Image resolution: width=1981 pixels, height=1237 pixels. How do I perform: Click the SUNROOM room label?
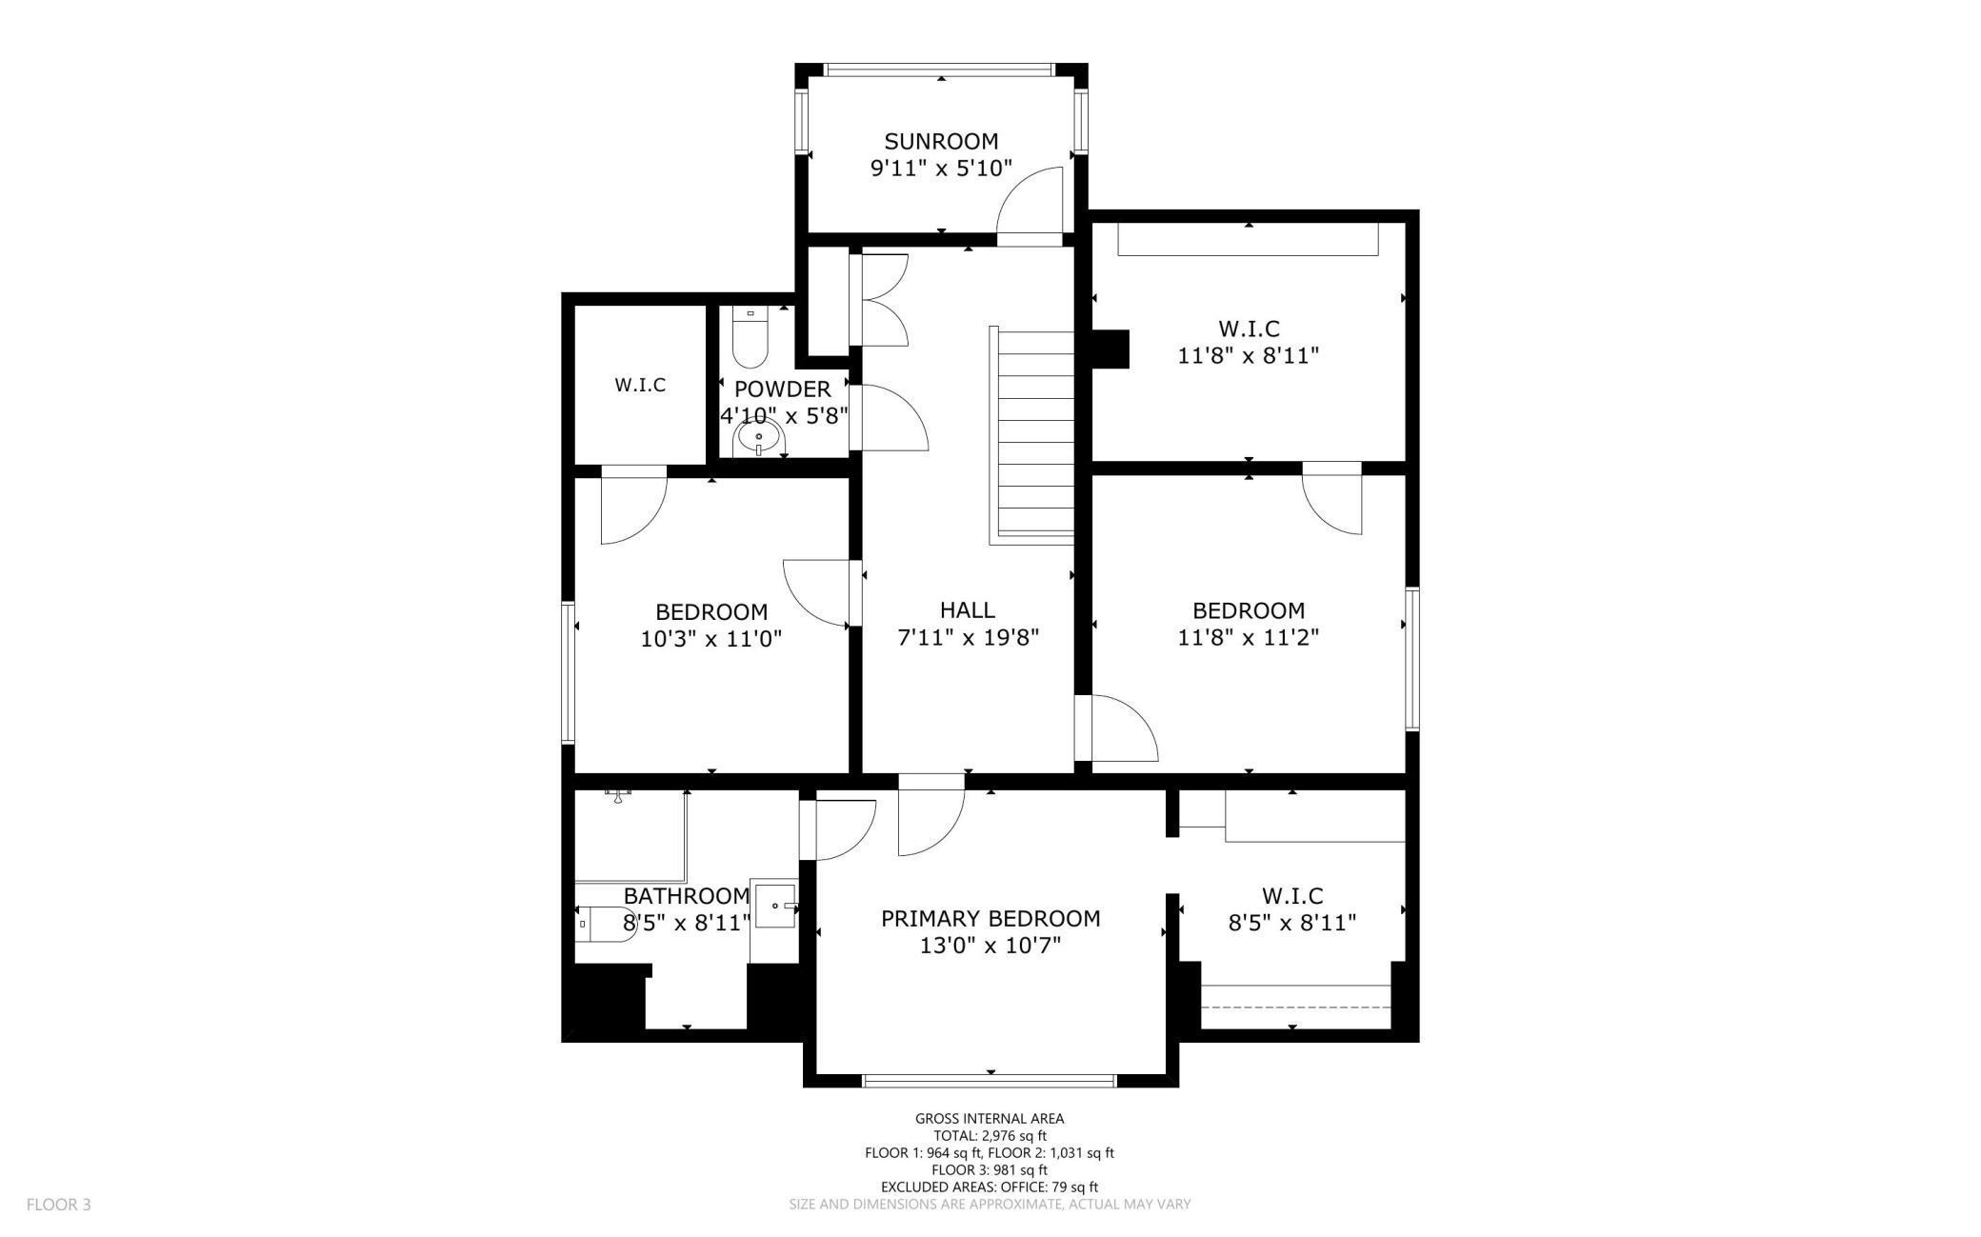coord(941,142)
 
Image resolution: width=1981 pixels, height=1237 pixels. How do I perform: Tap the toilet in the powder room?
coord(750,338)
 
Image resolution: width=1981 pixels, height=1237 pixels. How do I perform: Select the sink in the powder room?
coord(758,439)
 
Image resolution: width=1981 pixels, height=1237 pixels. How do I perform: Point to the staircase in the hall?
coord(1032,435)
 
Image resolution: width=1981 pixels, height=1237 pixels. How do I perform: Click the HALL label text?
coord(967,610)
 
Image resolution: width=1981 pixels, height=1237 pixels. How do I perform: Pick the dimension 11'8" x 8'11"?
coord(1248,356)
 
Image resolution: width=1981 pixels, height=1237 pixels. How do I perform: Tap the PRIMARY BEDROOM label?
coord(990,919)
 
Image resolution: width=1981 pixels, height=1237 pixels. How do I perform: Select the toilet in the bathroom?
coord(605,924)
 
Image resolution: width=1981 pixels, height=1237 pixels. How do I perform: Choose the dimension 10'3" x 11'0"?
coord(711,639)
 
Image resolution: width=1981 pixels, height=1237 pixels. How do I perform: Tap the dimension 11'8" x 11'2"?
coord(1248,637)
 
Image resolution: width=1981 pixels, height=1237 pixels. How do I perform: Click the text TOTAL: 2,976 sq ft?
coord(990,1136)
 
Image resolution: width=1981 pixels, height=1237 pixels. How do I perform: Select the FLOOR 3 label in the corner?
coord(58,1205)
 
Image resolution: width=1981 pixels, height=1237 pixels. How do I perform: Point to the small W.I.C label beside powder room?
coord(640,386)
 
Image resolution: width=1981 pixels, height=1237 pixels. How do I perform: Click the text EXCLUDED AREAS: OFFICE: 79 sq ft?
coord(990,1187)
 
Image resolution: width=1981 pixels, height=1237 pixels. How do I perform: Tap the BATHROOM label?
coord(687,896)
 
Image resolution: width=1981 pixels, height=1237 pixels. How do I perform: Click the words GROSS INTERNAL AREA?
coord(990,1119)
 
